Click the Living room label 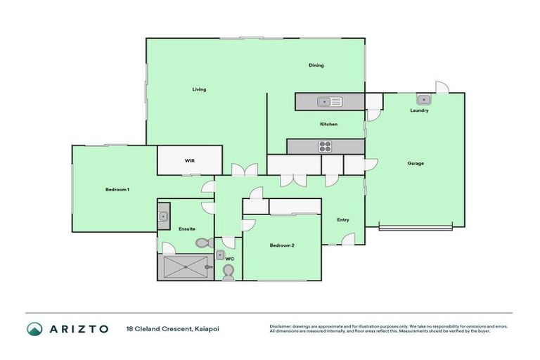pos(200,89)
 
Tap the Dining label pos(316,65)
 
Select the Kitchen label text pos(328,124)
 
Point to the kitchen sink pos(328,103)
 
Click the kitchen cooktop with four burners pos(326,146)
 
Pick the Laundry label pos(419,110)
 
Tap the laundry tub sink pos(424,99)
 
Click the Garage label pos(416,163)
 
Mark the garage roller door pos(416,227)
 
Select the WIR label pos(189,160)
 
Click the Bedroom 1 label pos(117,190)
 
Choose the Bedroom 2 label pos(282,245)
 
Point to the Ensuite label pos(187,229)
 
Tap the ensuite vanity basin pos(163,216)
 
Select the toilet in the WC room pos(228,271)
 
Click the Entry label pos(342,220)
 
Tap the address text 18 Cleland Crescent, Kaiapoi pos(167,328)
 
